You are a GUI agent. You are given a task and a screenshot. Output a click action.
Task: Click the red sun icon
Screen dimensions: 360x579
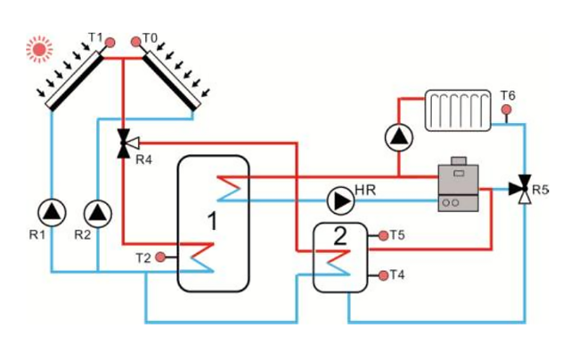click(x=38, y=48)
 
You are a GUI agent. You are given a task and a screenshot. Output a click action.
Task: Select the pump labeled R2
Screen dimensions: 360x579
click(x=95, y=212)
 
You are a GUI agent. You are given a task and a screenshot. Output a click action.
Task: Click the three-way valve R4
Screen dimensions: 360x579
click(x=124, y=143)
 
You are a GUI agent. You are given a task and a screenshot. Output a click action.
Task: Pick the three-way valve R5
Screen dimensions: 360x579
click(x=520, y=188)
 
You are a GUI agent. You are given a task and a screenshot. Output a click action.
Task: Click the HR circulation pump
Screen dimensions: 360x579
click(x=339, y=200)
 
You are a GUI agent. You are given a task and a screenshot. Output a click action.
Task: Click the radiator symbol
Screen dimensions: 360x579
click(x=458, y=110)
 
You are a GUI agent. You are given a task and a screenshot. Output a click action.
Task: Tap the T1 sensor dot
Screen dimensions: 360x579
click(x=109, y=42)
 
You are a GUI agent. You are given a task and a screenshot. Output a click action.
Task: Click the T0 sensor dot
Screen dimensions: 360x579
click(x=136, y=41)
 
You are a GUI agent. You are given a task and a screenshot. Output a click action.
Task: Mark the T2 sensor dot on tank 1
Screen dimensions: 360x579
click(x=159, y=258)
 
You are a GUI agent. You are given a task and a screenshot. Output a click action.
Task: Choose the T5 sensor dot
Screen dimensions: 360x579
click(x=383, y=235)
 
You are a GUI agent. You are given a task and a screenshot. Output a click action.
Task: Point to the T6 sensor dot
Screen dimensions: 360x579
click(x=506, y=110)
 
